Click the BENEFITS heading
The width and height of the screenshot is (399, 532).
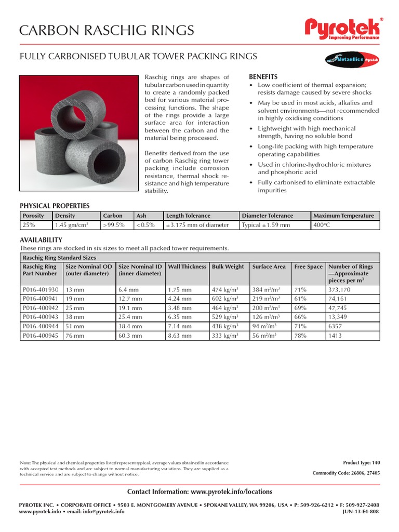point(263,76)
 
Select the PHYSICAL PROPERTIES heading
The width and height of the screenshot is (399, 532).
point(55,206)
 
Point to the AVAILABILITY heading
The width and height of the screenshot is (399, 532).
point(41,240)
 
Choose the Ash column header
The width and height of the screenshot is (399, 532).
point(141,216)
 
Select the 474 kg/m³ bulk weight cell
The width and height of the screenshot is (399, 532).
point(224,289)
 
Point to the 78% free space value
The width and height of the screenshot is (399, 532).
point(301,336)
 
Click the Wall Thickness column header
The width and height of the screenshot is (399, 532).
point(187,267)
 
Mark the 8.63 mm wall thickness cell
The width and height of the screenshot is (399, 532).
point(180,336)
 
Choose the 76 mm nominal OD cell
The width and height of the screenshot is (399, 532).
point(74,336)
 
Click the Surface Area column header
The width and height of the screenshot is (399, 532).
point(269,267)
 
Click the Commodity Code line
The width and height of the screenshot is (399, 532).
point(346,473)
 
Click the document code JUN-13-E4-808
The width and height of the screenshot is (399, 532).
point(361,511)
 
